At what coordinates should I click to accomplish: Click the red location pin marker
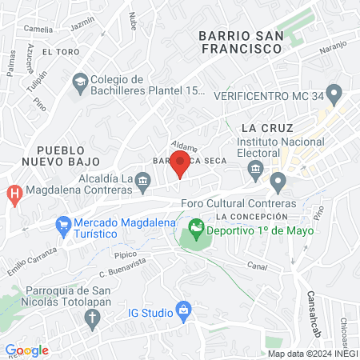[x=181, y=162]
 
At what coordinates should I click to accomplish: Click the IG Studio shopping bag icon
[x=183, y=309]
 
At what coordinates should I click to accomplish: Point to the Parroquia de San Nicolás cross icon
[x=92, y=318]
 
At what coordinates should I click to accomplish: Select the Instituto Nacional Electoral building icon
[x=256, y=169]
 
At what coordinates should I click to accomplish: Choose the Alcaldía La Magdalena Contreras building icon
[x=142, y=181]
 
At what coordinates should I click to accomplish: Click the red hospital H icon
[x=14, y=194]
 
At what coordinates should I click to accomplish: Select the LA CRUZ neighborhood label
[x=267, y=128]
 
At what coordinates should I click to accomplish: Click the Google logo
[x=26, y=350]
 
